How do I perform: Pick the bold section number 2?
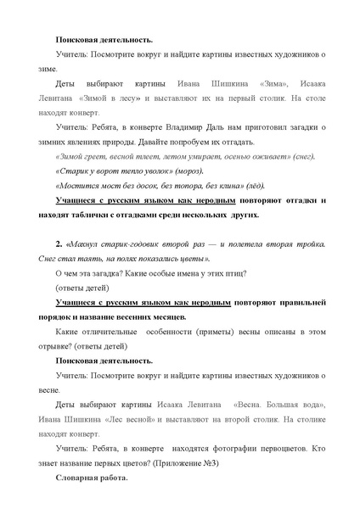click(59, 243)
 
